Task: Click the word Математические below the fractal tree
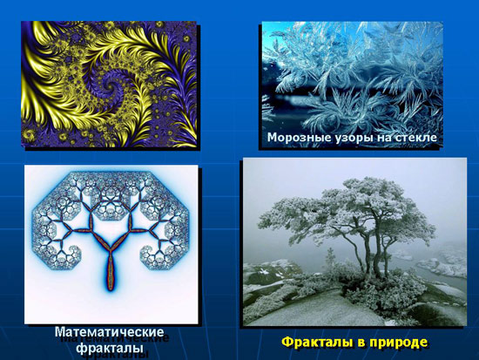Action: click(110, 332)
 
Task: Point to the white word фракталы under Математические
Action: click(110, 348)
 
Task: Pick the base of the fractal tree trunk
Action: click(110, 288)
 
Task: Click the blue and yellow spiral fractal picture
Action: click(109, 84)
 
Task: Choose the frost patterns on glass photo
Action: click(352, 83)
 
